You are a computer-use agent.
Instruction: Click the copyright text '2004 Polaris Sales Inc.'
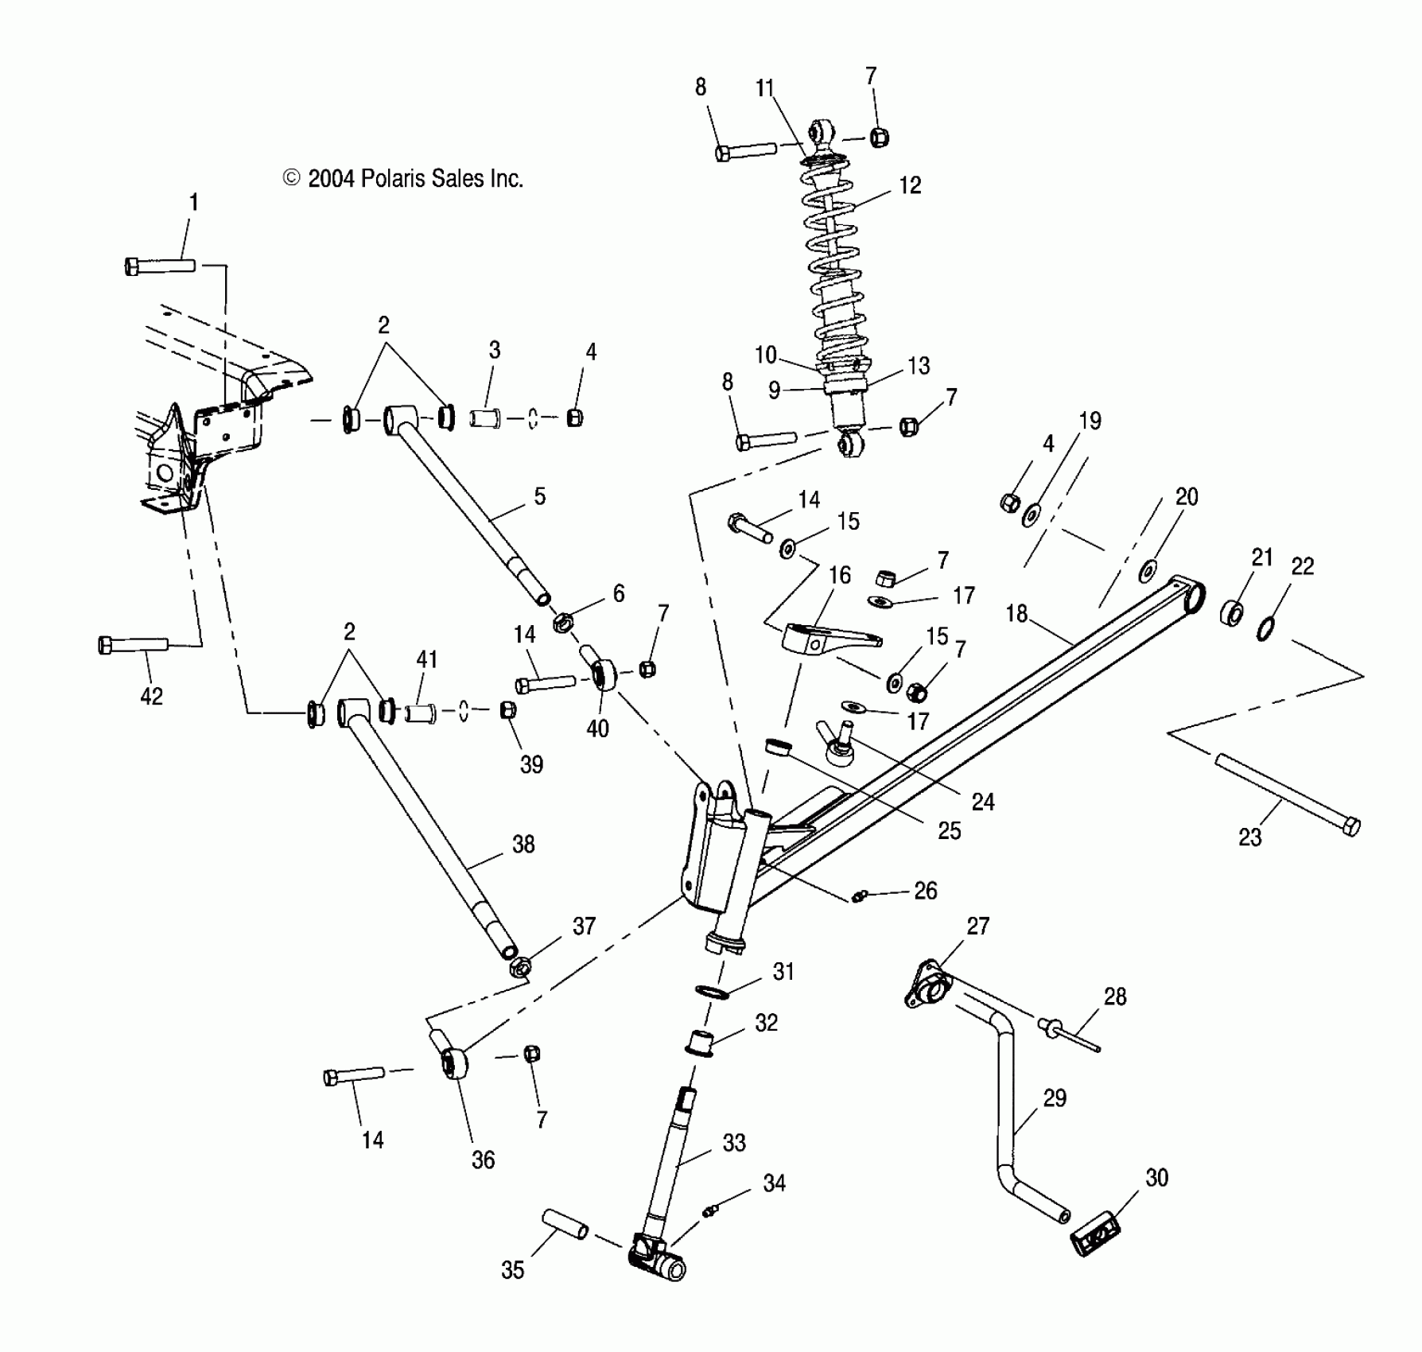[404, 179]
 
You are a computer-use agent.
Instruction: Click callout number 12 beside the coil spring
[910, 185]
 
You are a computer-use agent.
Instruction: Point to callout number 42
[151, 696]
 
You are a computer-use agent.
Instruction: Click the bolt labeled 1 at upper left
[160, 265]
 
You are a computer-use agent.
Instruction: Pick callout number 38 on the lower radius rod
[523, 845]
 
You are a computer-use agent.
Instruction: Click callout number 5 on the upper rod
[540, 497]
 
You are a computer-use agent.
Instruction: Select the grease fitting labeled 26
[857, 897]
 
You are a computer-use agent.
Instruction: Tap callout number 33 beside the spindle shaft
[734, 1143]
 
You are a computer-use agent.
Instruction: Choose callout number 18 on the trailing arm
[1016, 613]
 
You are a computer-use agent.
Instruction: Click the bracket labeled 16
[827, 639]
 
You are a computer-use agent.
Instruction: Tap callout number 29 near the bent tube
[1055, 1098]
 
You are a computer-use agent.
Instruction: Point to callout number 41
[427, 659]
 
